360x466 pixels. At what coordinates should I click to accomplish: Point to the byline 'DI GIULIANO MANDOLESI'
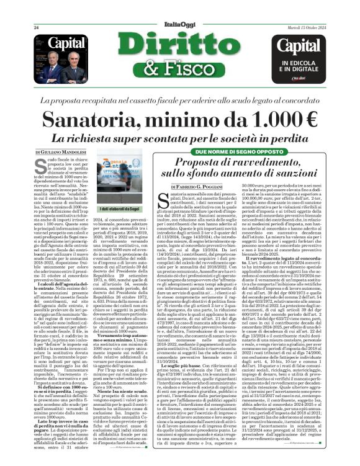click(x=63, y=152)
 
